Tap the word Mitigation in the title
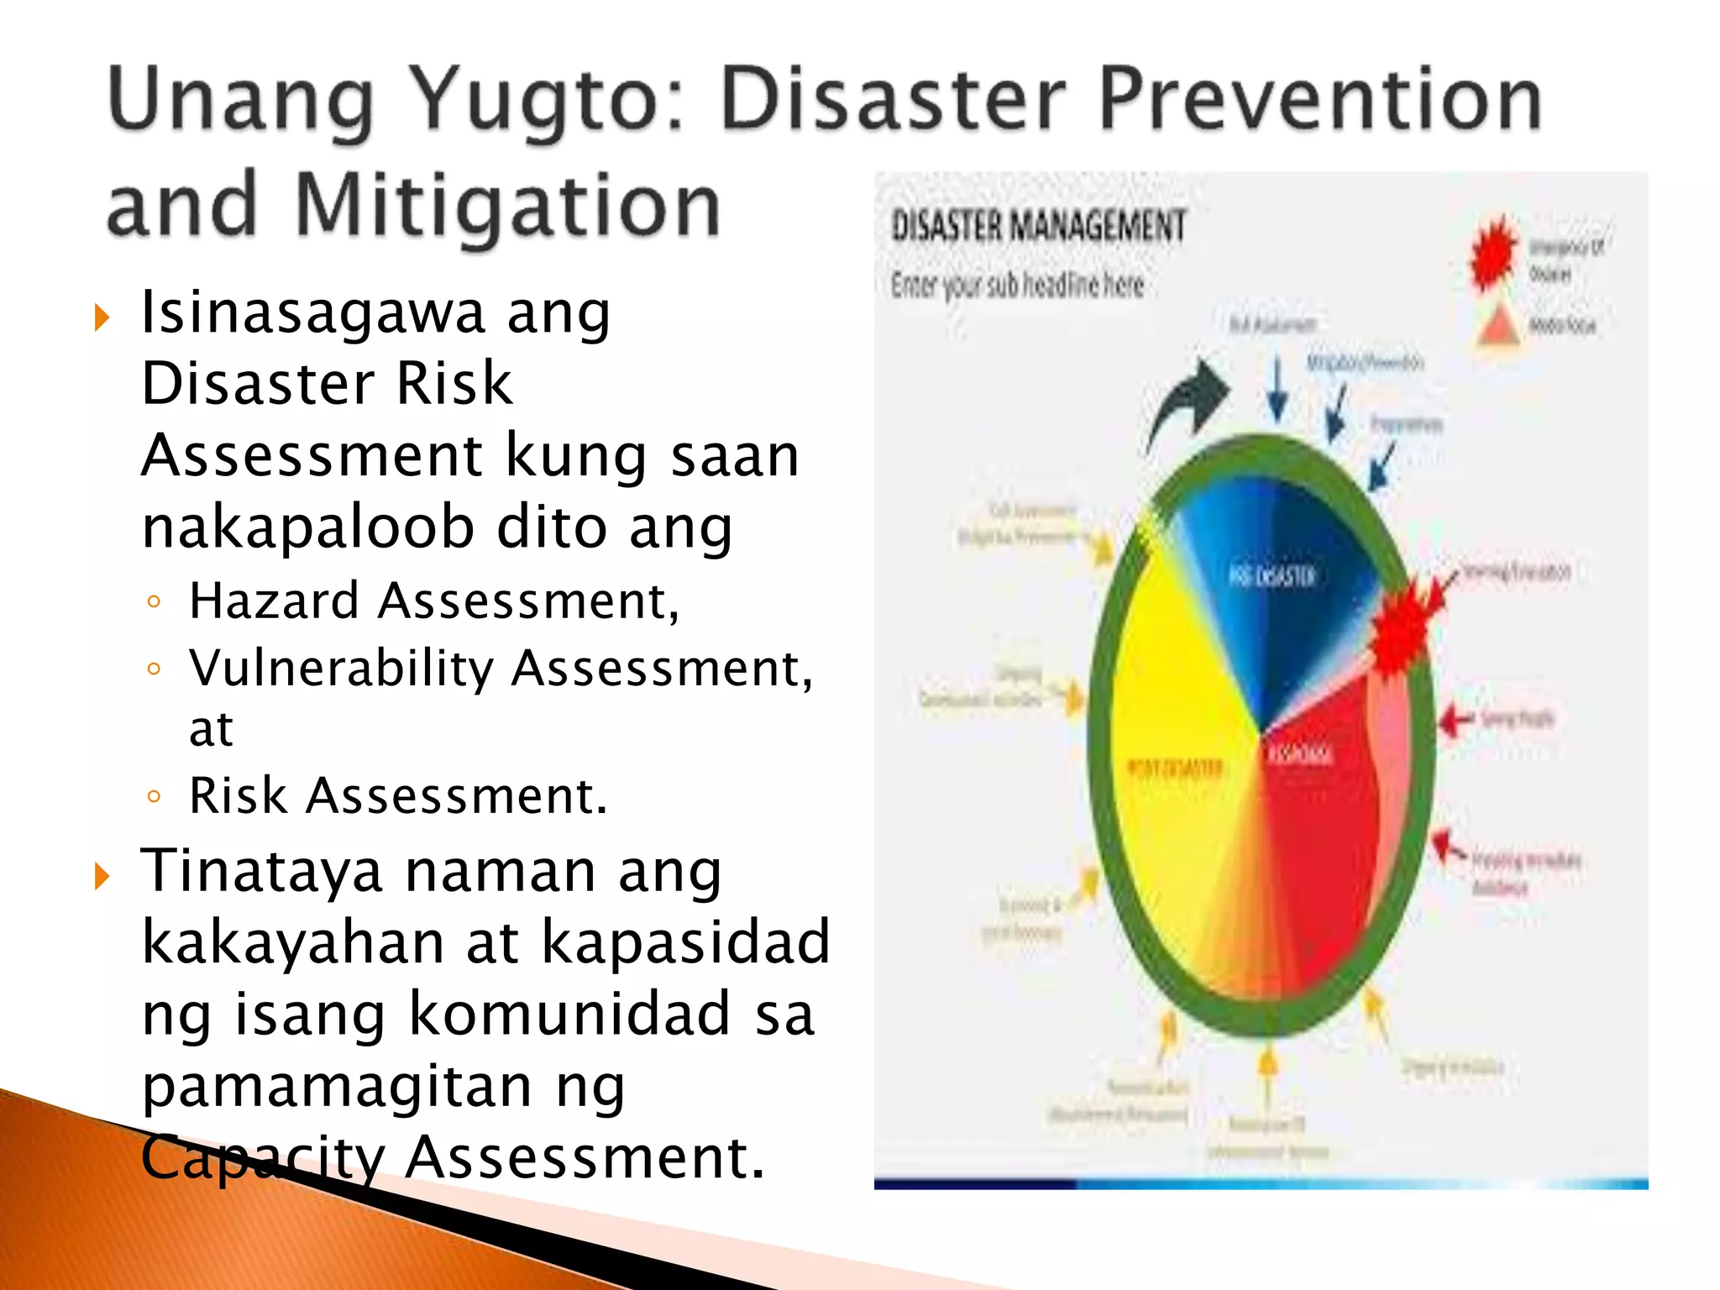click(x=508, y=206)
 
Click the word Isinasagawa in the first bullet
click(x=312, y=312)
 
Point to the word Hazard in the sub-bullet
click(x=274, y=601)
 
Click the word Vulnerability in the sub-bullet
click(x=341, y=669)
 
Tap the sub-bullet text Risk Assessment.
click(x=397, y=795)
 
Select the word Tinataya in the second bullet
click(x=261, y=872)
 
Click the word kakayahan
click(x=293, y=942)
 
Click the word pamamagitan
click(x=337, y=1087)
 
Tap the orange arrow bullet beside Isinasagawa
click(x=102, y=318)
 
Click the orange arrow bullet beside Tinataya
click(x=102, y=876)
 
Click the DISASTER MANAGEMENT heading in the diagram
click(x=1038, y=226)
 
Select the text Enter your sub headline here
click(x=1017, y=286)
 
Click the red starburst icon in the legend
click(x=1492, y=253)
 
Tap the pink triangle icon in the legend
click(x=1497, y=328)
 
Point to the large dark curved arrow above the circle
click(x=1188, y=401)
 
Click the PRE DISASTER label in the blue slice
click(x=1272, y=576)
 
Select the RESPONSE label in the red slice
click(x=1299, y=754)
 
